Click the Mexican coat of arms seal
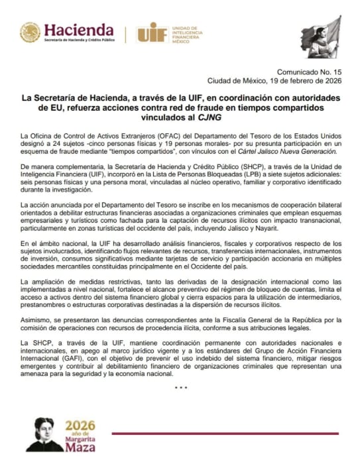click(30, 32)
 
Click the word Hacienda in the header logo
click(79, 30)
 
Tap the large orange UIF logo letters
click(152, 32)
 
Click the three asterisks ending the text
click(180, 387)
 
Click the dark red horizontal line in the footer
click(225, 434)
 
